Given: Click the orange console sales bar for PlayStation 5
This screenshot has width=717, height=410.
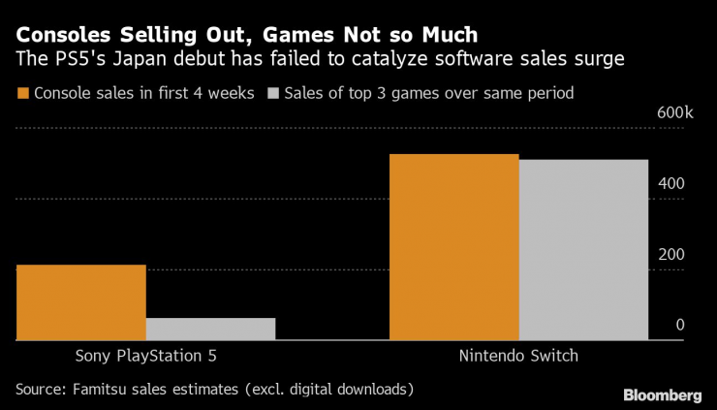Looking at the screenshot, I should point(81,302).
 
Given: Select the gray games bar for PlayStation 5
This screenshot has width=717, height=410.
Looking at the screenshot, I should point(210,329).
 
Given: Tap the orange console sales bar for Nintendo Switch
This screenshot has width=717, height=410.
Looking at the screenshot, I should point(453,247).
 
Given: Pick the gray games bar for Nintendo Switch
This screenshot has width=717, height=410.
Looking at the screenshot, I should point(583,250).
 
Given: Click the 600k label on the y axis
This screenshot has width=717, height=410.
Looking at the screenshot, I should point(675,113).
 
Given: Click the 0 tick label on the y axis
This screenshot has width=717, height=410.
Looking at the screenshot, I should point(680,325).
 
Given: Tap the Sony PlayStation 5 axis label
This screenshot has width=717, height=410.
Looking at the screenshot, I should point(145,356).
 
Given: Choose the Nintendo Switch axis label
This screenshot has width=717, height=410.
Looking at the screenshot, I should point(518,356).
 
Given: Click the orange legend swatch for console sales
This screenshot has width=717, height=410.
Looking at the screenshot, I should point(22,94).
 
